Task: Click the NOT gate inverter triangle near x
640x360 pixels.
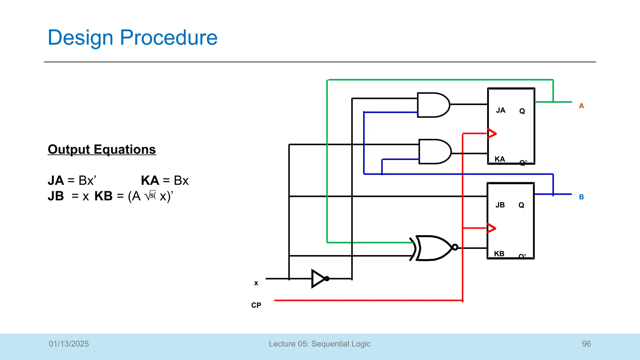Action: (x=318, y=278)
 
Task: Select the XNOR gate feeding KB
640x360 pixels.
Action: (x=433, y=248)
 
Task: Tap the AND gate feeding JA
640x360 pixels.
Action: (x=433, y=105)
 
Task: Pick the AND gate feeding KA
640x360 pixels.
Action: (x=434, y=152)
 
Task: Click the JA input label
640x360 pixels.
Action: (x=501, y=110)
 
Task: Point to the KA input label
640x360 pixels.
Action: (x=500, y=159)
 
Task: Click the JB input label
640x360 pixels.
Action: (x=500, y=205)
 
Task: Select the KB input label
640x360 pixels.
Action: (x=499, y=254)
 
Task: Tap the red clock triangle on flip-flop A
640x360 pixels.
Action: (x=492, y=133)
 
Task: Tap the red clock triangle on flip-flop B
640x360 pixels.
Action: (x=491, y=228)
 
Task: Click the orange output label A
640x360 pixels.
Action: (x=581, y=106)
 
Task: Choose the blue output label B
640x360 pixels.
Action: (x=581, y=197)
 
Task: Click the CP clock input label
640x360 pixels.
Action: (x=256, y=305)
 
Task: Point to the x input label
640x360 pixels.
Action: (x=256, y=283)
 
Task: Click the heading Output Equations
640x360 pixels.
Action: (x=102, y=149)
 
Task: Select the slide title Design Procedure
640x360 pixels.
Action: (x=132, y=37)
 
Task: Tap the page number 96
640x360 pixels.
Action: (x=586, y=344)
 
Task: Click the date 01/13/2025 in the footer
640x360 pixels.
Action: (x=69, y=344)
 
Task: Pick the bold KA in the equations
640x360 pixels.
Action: (x=150, y=181)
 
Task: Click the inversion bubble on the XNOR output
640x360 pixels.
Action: (x=455, y=247)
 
